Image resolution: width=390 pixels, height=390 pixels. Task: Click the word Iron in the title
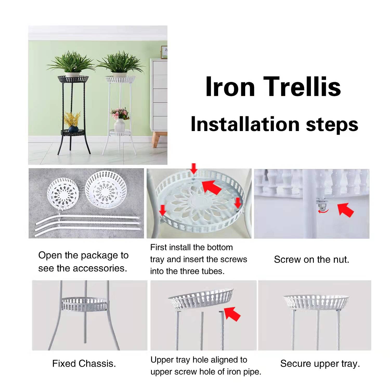click(230, 86)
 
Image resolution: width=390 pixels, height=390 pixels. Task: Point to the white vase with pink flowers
click(119, 125)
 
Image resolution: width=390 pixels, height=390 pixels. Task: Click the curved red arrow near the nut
click(323, 211)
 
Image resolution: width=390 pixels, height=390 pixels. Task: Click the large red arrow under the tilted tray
click(232, 313)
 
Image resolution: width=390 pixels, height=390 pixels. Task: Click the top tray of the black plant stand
click(73, 79)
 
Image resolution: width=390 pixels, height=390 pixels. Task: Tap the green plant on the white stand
click(120, 62)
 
